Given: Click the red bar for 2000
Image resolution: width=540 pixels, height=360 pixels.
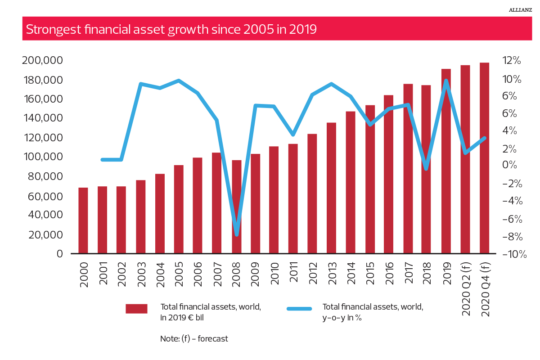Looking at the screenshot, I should click(83, 220).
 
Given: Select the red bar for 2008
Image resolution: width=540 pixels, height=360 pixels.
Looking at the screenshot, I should click(236, 207).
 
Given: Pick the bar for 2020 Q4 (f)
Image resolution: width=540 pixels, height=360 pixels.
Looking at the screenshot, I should click(484, 158).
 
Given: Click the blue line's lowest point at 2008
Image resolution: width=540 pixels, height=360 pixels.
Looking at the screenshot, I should click(236, 234).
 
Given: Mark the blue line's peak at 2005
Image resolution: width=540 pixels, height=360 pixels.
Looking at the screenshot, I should click(179, 81).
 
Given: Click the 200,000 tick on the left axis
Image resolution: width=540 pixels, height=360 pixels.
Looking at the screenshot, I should click(42, 61).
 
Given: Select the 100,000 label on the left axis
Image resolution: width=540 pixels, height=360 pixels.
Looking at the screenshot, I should click(42, 157).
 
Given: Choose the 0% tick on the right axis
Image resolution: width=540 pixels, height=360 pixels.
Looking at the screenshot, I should click(511, 165).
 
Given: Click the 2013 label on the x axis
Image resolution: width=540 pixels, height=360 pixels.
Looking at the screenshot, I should click(332, 271).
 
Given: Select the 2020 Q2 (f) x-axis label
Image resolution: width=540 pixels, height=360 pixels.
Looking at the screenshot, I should click(466, 286).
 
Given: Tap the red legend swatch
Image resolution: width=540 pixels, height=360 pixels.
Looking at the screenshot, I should click(136, 309).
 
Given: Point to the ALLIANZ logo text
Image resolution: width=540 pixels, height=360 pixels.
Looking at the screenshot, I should click(521, 9).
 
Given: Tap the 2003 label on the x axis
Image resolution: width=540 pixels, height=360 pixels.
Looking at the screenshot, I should click(140, 271).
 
